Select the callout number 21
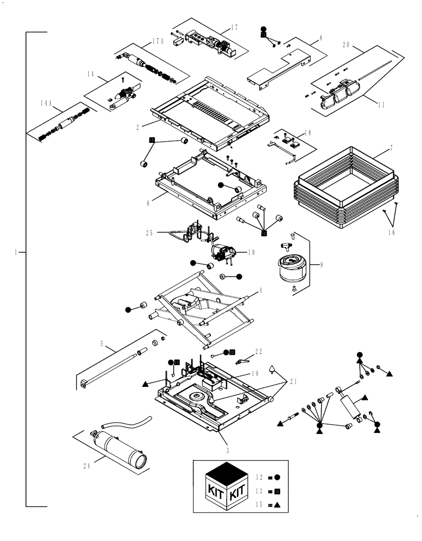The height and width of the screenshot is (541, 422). (293, 381)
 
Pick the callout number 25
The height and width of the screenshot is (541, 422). (150, 233)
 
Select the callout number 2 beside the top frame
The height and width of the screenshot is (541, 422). (138, 127)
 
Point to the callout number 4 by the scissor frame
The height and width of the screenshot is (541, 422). (260, 290)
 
